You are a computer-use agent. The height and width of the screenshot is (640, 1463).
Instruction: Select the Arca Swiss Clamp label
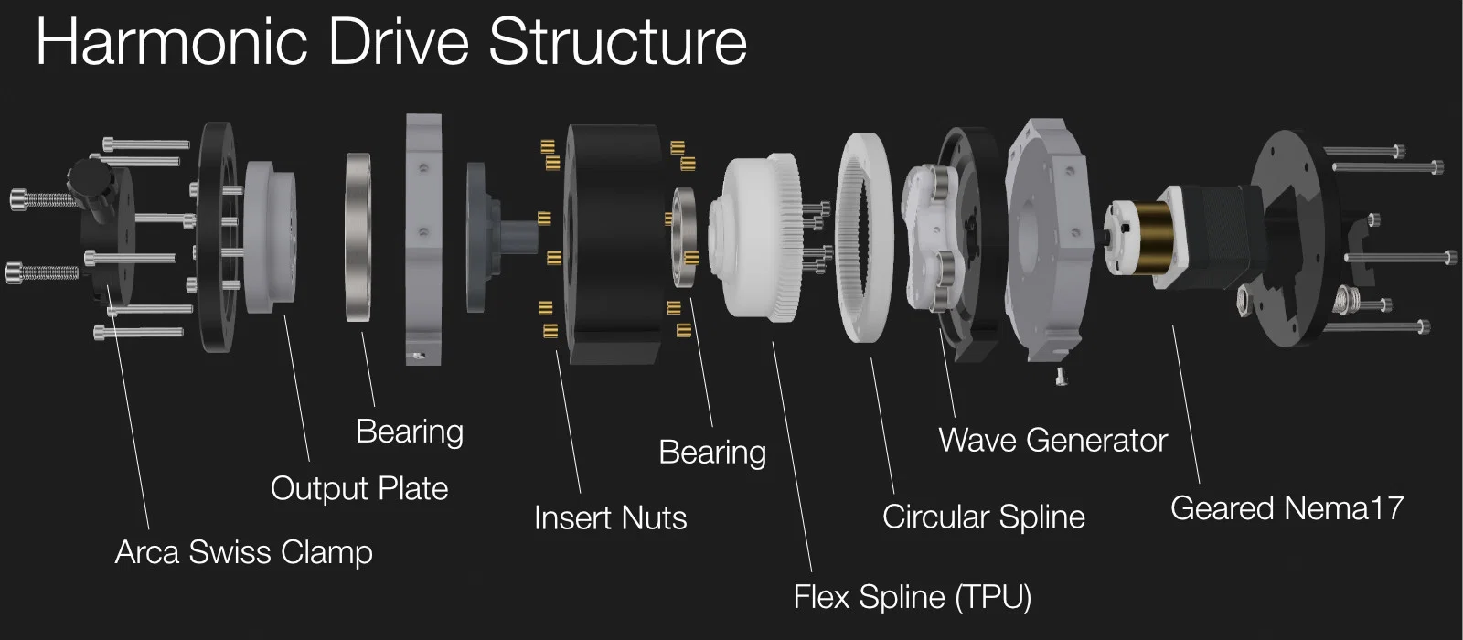tap(243, 552)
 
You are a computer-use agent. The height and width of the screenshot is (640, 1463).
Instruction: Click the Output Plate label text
tap(358, 488)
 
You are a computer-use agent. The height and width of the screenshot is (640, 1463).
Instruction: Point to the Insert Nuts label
tap(610, 518)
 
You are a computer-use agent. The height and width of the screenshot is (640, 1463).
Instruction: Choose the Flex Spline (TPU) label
tap(912, 597)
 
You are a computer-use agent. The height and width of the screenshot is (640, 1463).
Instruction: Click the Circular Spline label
tap(983, 517)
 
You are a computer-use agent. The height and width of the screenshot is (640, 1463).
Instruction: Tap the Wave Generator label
tap(1052, 441)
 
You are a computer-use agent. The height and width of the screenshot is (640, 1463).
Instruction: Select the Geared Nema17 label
tap(1286, 508)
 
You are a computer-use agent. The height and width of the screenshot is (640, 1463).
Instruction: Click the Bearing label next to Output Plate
tap(409, 432)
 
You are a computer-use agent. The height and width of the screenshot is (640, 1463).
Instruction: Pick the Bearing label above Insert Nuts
tap(712, 453)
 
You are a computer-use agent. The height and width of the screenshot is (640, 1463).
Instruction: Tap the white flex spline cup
tap(754, 238)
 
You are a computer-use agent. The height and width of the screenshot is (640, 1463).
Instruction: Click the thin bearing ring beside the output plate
tap(358, 238)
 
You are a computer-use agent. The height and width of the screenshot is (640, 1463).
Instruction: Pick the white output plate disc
tap(270, 238)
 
